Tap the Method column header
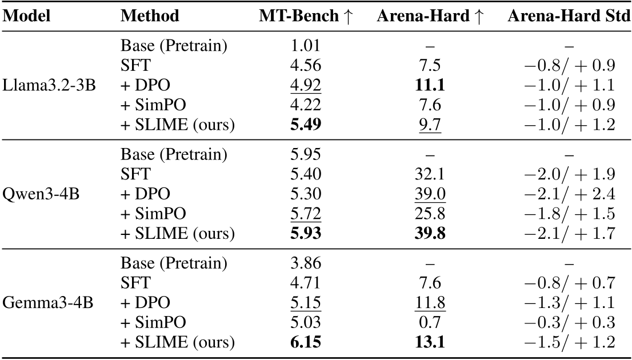click(150, 17)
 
